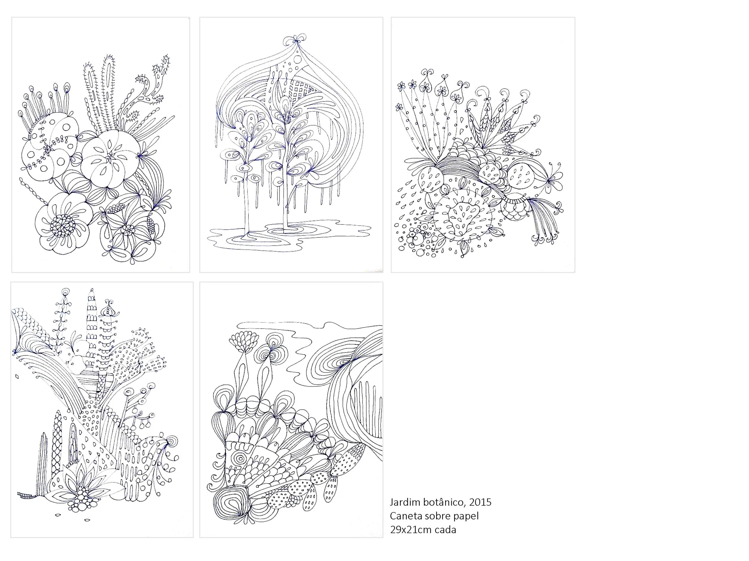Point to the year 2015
tap(480, 502)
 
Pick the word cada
tap(446, 530)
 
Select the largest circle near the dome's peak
tap(297, 60)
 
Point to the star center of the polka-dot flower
tap(48, 149)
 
